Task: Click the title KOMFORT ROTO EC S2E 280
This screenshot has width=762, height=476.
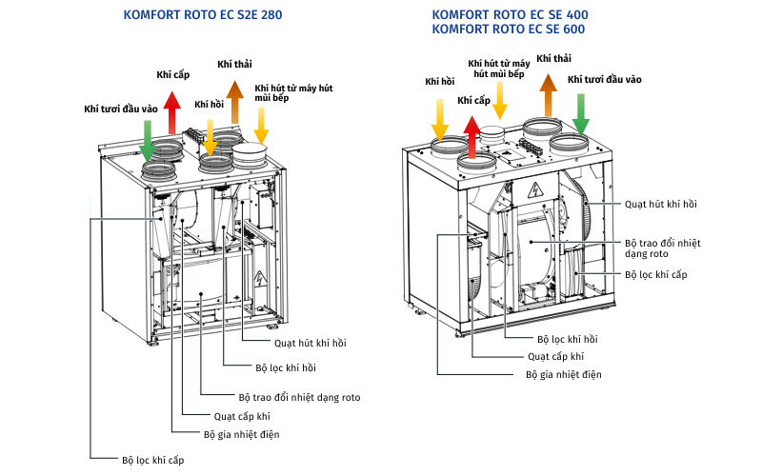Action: click(x=203, y=15)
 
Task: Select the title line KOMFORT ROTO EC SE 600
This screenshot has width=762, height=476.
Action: click(x=508, y=30)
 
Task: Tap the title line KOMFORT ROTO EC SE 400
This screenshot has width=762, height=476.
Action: click(x=508, y=15)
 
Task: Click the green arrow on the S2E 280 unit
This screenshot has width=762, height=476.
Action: click(x=148, y=139)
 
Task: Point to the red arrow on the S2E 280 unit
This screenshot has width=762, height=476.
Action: click(x=171, y=112)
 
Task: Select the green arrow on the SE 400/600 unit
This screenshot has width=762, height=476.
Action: click(x=580, y=112)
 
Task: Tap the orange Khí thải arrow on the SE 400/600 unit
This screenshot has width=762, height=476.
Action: click(x=548, y=93)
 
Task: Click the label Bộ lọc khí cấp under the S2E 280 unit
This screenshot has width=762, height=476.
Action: click(x=152, y=460)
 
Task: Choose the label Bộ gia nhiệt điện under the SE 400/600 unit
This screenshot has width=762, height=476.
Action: click(x=564, y=374)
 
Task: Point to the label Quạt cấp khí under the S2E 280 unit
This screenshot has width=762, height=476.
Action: click(x=242, y=415)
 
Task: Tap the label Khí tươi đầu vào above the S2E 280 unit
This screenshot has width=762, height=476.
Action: click(x=120, y=109)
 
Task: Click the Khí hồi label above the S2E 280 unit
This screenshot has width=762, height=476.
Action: click(x=210, y=104)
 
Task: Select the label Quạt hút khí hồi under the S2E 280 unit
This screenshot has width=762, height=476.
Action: click(x=307, y=341)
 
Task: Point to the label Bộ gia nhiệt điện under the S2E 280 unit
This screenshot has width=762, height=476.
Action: click(x=241, y=434)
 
